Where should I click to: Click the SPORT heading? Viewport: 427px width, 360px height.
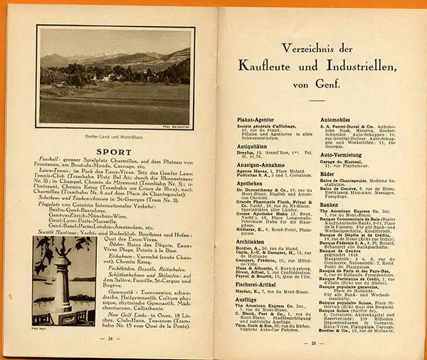pos(115,151)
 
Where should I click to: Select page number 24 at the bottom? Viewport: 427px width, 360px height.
pos(111,339)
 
